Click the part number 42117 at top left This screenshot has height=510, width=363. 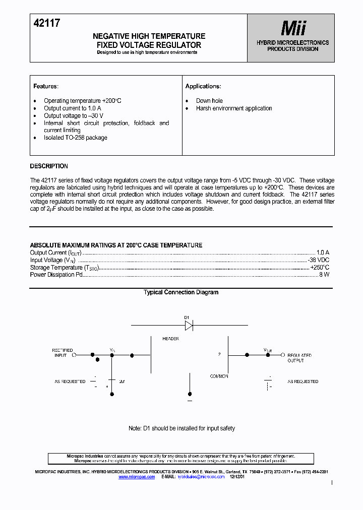coord(47,23)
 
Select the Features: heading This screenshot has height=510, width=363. coord(46,86)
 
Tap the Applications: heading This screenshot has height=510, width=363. coord(203,86)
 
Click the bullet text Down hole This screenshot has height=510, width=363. coord(209,101)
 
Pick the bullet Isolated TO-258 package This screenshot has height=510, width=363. coord(75,138)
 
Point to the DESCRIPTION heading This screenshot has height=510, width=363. coord(49,166)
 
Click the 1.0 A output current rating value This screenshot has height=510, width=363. coord(323,252)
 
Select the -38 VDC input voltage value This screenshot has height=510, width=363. coord(319,260)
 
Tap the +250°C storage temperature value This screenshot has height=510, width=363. coord(320,267)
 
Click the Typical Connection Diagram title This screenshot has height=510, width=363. coord(181,292)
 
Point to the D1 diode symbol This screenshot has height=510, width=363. coord(189,326)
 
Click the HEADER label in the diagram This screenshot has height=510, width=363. coord(170,339)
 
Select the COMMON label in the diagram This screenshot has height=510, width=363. coord(219,376)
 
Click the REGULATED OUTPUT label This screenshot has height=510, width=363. coord(299,358)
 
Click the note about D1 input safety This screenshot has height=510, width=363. coord(181,428)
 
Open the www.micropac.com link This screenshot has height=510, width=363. coord(137,476)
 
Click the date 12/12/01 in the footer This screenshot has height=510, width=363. coord(237,476)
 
